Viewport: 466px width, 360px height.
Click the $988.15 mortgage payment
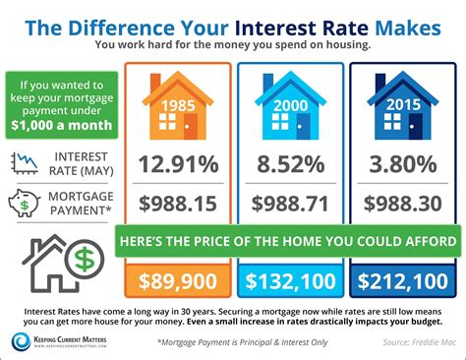pyautogui.click(x=177, y=204)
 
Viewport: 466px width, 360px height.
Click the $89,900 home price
pyautogui.click(x=177, y=283)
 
